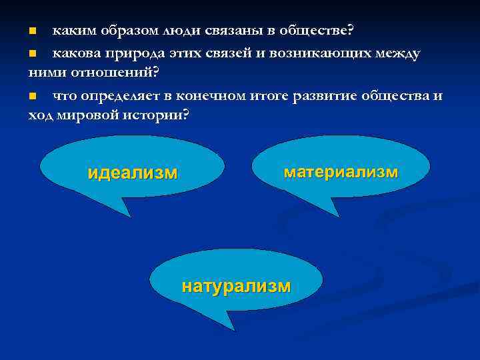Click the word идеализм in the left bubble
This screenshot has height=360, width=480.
point(133,173)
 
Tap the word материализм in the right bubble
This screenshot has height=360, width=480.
point(341,172)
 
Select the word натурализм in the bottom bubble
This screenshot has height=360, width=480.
point(236,287)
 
